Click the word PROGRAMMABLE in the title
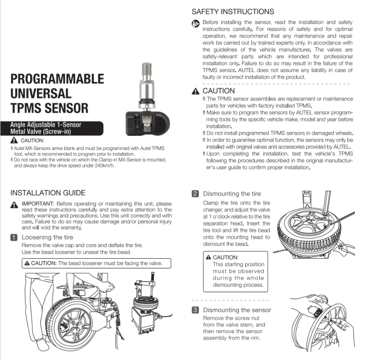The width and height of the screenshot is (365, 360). [57, 79]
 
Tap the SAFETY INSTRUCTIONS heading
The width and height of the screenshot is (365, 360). [233, 11]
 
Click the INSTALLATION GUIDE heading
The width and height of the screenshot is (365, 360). [48, 193]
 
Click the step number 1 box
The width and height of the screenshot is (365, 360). [14, 237]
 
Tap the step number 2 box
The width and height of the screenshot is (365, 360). [195, 193]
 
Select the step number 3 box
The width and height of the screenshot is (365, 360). [195, 310]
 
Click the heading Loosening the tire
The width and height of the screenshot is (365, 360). [48, 237]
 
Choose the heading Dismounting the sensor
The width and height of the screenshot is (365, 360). [237, 310]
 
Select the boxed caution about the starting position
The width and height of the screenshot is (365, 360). [236, 271]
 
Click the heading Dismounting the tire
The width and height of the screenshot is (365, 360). [232, 193]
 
